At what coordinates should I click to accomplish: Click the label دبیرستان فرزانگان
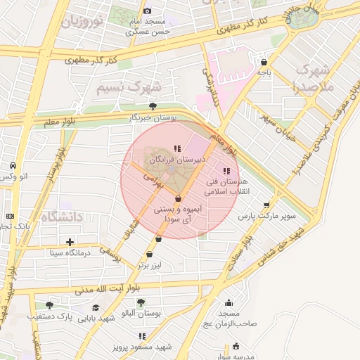(180, 160)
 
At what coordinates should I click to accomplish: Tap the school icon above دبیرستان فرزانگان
(176, 148)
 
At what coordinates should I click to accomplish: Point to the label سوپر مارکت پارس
(266, 217)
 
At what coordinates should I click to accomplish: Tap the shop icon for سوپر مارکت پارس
(266, 205)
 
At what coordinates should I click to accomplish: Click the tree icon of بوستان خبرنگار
(153, 106)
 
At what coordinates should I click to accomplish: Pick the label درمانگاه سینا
(80, 251)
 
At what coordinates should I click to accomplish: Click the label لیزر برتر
(149, 266)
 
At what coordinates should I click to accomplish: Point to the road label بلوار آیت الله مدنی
(109, 288)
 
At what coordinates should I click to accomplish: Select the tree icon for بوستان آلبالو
(141, 302)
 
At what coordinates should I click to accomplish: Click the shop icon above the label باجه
(264, 61)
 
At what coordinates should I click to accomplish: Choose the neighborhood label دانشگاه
(62, 217)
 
